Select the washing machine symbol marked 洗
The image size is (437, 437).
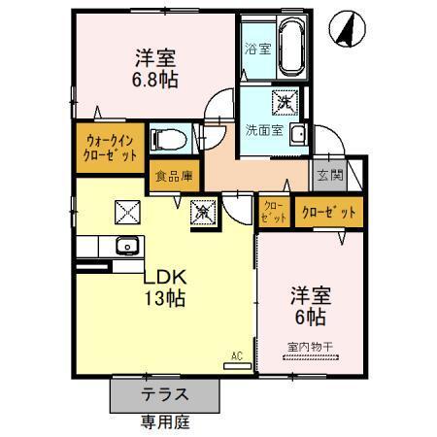click(x=286, y=100)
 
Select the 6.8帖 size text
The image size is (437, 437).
click(x=155, y=81)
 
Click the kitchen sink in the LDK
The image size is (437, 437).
click(x=127, y=245)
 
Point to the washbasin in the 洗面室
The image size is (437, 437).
click(x=299, y=134)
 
